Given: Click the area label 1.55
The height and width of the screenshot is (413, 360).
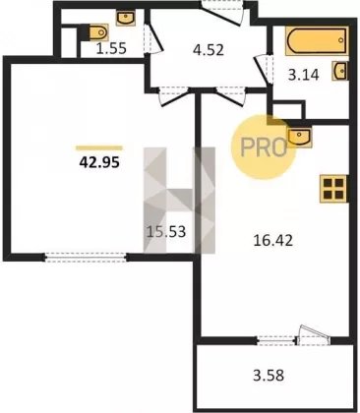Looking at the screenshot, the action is click(111, 49).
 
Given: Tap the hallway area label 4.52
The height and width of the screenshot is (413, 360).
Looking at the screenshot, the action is click(209, 50).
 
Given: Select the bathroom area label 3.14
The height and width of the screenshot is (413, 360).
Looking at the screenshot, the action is click(304, 75).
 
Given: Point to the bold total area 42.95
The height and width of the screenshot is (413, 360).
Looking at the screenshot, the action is click(99, 162).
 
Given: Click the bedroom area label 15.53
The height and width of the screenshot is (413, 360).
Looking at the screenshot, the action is click(166, 232).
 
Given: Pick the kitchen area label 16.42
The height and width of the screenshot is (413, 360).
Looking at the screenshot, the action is click(273, 241).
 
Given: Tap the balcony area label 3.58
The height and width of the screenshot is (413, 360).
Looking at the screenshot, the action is click(269, 375).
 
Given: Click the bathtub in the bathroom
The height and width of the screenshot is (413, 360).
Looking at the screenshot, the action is click(317, 40).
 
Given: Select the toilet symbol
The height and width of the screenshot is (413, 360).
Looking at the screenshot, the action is click(95, 32).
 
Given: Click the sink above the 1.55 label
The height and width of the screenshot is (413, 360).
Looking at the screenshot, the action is click(126, 18).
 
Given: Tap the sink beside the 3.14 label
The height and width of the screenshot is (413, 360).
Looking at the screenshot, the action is click(340, 71).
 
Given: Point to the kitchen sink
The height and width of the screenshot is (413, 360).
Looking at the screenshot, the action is click(299, 137).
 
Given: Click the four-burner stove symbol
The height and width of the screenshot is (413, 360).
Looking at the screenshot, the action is click(333, 189).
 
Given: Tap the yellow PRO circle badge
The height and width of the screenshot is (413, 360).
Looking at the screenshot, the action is click(264, 147).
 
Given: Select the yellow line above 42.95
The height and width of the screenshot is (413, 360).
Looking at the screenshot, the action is click(99, 148).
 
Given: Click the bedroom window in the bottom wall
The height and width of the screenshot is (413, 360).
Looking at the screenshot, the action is click(86, 258).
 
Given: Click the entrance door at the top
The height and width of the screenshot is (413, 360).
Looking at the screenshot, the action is click(223, 13).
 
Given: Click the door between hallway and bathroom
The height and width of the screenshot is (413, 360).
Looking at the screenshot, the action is click(264, 69).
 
